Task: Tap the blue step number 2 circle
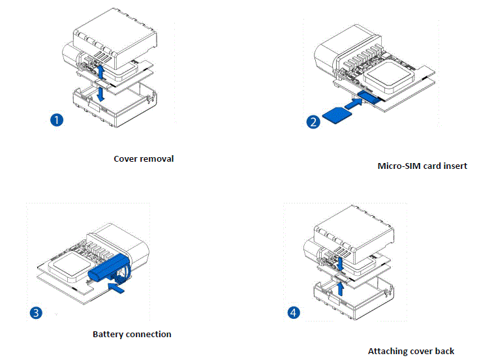pyautogui.click(x=313, y=121)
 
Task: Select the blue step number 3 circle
pyautogui.click(x=37, y=312)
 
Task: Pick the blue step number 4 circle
pyautogui.click(x=294, y=312)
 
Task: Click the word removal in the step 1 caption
pyautogui.click(x=158, y=158)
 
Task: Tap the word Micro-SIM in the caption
pyautogui.click(x=399, y=166)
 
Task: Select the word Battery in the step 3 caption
pyautogui.click(x=108, y=334)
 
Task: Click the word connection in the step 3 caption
pyautogui.click(x=148, y=334)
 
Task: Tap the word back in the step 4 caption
pyautogui.click(x=445, y=351)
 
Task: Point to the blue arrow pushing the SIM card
pyautogui.click(x=352, y=103)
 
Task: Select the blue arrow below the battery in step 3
pyautogui.click(x=117, y=286)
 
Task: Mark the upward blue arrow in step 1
pyautogui.click(x=100, y=69)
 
